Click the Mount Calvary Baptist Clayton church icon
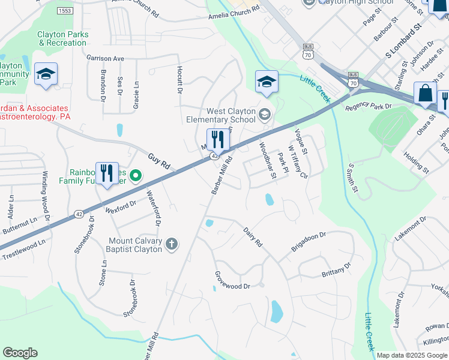[172, 244]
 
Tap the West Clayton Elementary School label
[231, 115]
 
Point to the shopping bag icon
[425, 94]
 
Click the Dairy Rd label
[253, 236]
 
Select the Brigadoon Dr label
[308, 242]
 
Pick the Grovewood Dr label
[232, 281]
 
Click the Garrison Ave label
[105, 59]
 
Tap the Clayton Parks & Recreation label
[63, 38]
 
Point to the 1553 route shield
[65, 11]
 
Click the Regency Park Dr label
[369, 106]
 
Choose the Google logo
[20, 353]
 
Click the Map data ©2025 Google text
[411, 355]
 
